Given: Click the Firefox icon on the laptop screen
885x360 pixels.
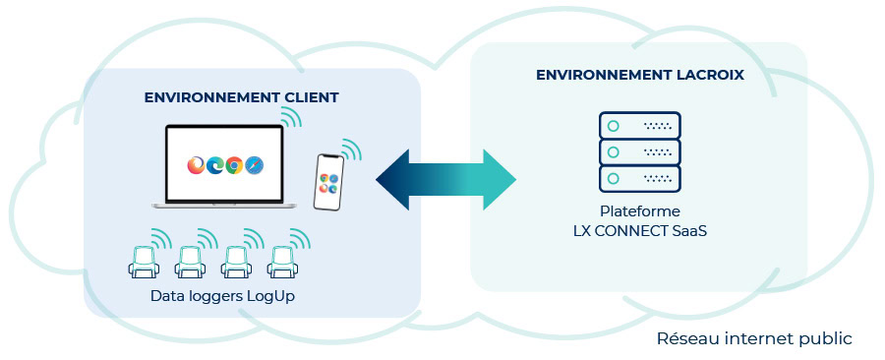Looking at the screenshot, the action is tap(197, 165).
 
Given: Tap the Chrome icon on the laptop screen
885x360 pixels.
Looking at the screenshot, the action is tap(234, 165).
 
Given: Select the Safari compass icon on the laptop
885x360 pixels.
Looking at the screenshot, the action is tap(254, 165).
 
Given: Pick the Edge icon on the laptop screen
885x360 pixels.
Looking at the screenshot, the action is tap(215, 165).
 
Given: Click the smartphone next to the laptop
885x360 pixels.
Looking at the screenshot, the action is tap(329, 182).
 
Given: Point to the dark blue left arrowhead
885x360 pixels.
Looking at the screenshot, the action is tap(392, 180).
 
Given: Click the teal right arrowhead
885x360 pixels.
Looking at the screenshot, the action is tap(500, 180).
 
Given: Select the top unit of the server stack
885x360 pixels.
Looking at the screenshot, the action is tap(639, 125).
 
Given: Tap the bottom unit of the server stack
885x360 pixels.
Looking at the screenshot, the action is tap(639, 179).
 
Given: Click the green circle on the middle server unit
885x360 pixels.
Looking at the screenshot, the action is tap(613, 152).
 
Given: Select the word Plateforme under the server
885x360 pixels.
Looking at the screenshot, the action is tap(639, 211).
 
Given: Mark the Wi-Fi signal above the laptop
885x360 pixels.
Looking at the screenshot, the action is tap(292, 117).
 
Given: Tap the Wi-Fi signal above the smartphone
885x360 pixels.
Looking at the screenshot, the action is tap(351, 150).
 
